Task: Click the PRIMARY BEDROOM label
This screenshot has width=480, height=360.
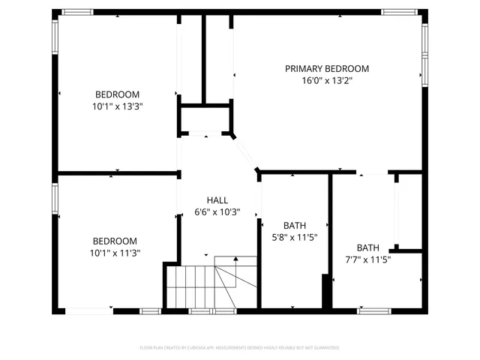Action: click(x=326, y=68)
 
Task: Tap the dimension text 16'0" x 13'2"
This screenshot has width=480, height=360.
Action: click(x=326, y=81)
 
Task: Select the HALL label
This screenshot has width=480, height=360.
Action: click(x=217, y=200)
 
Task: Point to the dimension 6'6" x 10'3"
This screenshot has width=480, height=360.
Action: click(x=217, y=212)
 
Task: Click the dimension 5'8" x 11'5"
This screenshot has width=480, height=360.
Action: click(x=294, y=238)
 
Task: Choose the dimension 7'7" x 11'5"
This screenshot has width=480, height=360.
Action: click(x=367, y=259)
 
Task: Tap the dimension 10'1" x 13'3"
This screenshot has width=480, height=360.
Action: click(x=117, y=106)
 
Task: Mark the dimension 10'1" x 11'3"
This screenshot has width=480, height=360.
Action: click(x=115, y=253)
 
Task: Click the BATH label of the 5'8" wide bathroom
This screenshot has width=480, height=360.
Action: click(x=294, y=226)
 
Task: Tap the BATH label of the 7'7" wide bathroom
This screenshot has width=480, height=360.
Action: click(x=367, y=247)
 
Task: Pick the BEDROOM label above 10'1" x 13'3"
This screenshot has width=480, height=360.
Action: click(x=117, y=94)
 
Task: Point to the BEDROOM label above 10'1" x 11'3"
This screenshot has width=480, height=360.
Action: click(x=115, y=241)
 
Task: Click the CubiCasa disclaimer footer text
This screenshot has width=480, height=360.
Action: click(x=239, y=348)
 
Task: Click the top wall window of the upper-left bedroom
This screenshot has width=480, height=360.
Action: click(x=76, y=12)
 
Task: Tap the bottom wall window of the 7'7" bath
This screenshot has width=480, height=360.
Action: click(x=374, y=310)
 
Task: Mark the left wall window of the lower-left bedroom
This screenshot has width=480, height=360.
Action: click(x=55, y=199)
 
